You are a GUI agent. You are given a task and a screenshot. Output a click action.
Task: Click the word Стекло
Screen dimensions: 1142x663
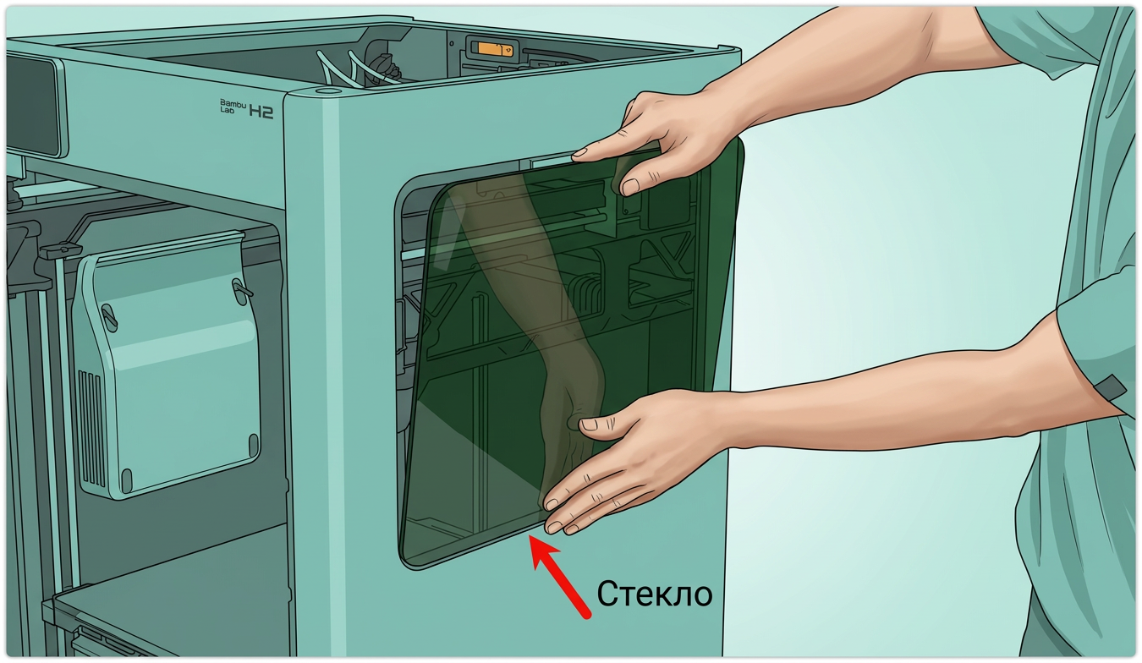coord(654,595)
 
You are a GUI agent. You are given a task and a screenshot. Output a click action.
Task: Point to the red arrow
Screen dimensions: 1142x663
coord(559,576)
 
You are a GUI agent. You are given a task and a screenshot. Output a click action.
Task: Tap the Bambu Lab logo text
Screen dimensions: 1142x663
coord(233,106)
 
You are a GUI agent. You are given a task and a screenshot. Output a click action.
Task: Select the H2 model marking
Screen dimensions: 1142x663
coord(261,112)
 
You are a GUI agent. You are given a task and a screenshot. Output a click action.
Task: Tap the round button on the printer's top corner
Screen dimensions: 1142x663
coord(328,91)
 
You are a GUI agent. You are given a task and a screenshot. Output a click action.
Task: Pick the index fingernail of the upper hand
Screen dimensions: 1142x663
coord(580,152)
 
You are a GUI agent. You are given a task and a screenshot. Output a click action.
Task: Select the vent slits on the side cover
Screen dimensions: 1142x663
coord(91,428)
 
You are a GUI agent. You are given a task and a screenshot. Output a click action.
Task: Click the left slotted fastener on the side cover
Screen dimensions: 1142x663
coord(110,317)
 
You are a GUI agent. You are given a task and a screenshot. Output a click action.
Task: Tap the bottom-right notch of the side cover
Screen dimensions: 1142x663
coord(254,444)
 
